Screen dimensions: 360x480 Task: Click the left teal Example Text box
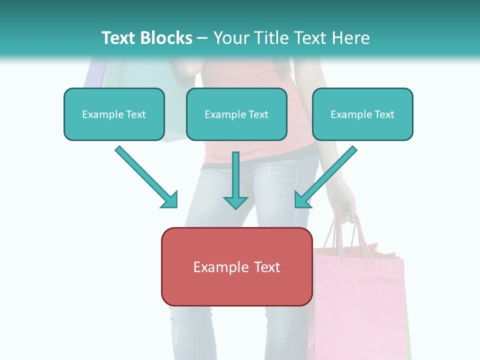point(114,114)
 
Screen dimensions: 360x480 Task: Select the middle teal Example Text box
point(236,114)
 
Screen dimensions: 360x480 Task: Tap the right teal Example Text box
point(362,114)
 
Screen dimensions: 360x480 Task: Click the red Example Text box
point(236,267)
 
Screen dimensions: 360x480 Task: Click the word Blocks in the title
point(167,38)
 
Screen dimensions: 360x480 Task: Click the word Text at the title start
point(119,38)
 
